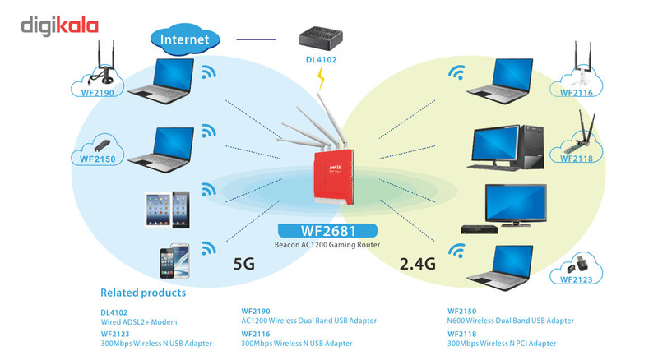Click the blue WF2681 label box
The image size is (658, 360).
[x=328, y=231]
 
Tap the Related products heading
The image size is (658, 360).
[x=143, y=293]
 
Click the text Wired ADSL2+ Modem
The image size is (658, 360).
[x=139, y=321]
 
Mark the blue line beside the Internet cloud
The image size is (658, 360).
[x=257, y=38]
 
